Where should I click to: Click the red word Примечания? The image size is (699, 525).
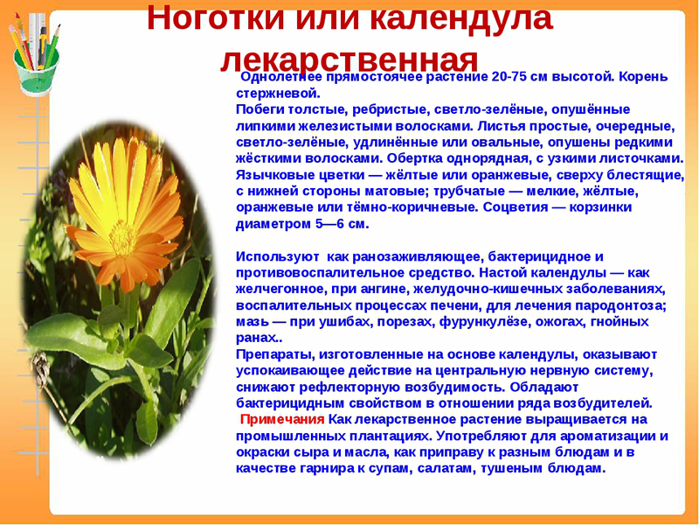283,419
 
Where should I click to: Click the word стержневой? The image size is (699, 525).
278,93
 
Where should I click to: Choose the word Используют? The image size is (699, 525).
274,256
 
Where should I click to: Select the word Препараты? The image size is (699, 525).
275,354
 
